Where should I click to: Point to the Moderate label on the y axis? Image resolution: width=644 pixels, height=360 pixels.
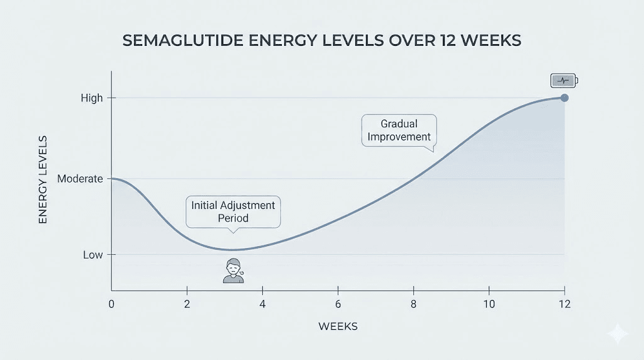(x=80, y=179)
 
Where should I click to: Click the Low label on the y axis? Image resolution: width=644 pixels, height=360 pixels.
(x=92, y=255)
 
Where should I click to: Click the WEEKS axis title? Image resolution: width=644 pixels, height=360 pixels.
(x=338, y=326)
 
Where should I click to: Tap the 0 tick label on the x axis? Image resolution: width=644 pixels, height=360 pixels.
(x=111, y=304)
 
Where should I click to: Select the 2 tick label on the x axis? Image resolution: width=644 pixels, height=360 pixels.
(x=187, y=304)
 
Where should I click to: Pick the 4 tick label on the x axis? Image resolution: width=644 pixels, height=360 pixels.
(x=262, y=304)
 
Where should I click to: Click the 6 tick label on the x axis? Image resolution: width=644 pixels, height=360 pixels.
(x=338, y=304)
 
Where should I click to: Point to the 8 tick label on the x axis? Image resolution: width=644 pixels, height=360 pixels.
(x=413, y=304)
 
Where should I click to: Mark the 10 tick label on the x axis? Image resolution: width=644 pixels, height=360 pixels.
(x=489, y=304)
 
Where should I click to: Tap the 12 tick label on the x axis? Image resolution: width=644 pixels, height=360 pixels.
(x=564, y=304)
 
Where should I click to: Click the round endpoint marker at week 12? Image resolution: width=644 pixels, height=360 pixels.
(x=564, y=98)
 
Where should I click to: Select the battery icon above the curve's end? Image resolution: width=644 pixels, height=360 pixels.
(x=564, y=81)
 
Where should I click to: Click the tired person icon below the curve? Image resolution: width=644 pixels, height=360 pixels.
(x=233, y=270)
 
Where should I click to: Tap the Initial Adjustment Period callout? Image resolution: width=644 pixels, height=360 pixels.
(x=233, y=212)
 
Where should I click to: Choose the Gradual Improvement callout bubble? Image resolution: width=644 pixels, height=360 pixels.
(x=399, y=130)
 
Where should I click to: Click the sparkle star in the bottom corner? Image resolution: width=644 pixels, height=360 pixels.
(x=618, y=334)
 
